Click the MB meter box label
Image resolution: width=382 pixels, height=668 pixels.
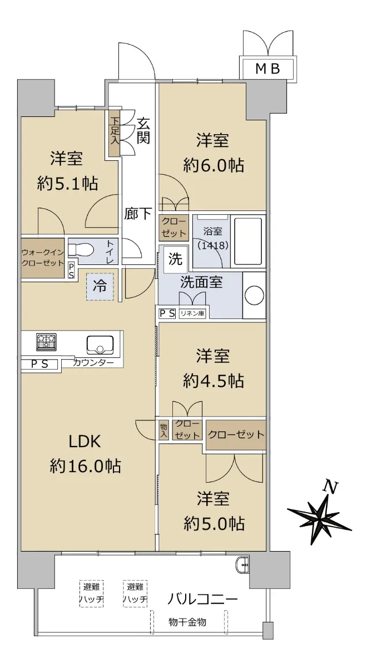click(267, 69)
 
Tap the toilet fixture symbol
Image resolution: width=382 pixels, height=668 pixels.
click(81, 249)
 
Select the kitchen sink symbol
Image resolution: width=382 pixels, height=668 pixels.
click(100, 345)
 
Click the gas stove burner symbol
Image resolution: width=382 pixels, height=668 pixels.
click(46, 342)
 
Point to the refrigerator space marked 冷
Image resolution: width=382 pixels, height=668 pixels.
click(100, 287)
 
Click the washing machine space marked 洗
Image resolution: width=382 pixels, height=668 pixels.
click(176, 258)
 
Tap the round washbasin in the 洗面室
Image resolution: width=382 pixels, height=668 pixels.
click(254, 295)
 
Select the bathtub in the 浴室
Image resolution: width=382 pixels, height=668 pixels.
click(248, 242)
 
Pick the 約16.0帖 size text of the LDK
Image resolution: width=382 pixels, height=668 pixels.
click(85, 466)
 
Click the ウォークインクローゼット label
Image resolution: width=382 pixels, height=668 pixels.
click(43, 258)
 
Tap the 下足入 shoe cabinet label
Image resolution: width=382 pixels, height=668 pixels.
click(115, 131)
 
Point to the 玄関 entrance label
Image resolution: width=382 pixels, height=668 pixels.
click(143, 130)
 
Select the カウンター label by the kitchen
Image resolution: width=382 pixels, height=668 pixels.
click(93, 363)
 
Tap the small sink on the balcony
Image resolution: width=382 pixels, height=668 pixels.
click(244, 564)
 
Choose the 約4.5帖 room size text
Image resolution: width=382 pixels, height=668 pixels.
click(214, 381)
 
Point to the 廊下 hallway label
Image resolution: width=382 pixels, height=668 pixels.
click(138, 214)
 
